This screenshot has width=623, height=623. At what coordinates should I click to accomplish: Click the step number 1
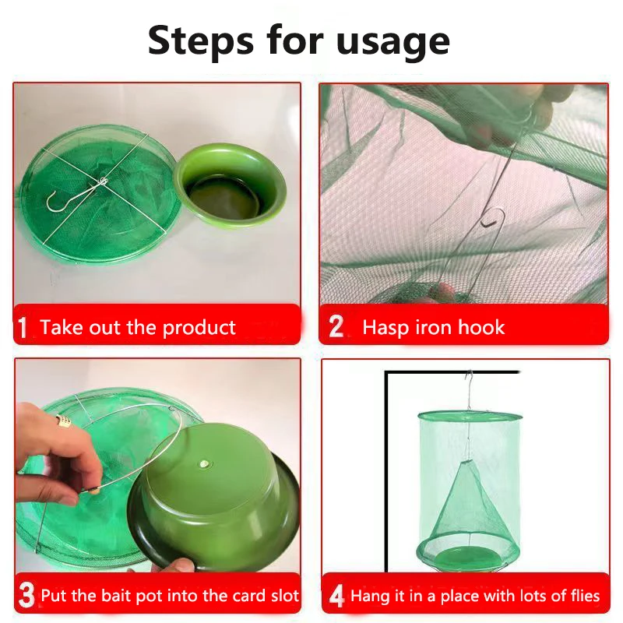(x=23, y=327)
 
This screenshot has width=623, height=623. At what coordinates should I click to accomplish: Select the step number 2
(x=336, y=326)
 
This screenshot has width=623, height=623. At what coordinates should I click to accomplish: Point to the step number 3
(x=26, y=595)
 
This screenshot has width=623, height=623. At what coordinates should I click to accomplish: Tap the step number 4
(x=336, y=596)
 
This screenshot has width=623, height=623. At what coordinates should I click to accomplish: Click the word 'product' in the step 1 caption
(x=199, y=328)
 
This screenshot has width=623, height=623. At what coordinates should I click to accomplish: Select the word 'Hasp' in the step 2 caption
(x=385, y=328)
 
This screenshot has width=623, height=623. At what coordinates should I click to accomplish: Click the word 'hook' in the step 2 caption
(x=481, y=327)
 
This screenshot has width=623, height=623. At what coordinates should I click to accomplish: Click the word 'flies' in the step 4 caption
(x=586, y=596)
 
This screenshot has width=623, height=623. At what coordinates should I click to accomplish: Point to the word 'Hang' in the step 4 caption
(x=369, y=597)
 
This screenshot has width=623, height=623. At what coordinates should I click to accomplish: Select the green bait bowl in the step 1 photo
(x=231, y=186)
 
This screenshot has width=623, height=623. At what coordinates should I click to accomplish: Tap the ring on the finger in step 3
(x=64, y=421)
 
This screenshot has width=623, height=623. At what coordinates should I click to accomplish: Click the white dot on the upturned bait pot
(x=205, y=463)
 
